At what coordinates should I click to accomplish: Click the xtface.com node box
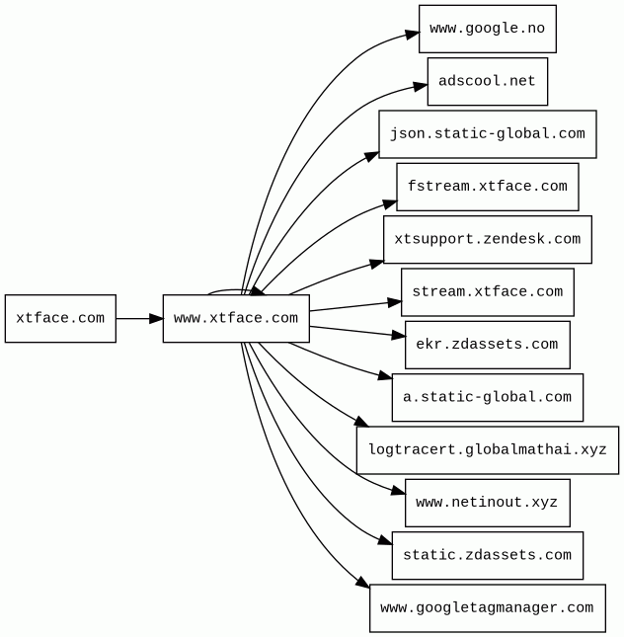click(60, 318)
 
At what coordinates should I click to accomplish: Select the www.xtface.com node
click(236, 318)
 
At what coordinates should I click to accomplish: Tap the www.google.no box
click(488, 29)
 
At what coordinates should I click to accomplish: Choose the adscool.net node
click(488, 81)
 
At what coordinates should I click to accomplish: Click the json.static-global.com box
click(488, 134)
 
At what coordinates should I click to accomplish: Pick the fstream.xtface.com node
click(488, 187)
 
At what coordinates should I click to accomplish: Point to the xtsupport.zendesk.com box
click(488, 239)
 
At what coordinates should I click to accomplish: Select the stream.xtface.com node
click(488, 292)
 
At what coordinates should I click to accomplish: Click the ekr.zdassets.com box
click(488, 345)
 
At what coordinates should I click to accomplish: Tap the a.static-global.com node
click(488, 397)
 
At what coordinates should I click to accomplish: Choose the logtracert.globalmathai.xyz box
click(488, 450)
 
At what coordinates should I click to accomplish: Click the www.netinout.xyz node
click(488, 503)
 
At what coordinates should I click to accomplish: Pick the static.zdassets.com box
click(488, 555)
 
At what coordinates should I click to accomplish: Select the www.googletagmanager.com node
click(488, 608)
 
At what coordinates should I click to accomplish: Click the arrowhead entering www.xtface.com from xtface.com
click(156, 318)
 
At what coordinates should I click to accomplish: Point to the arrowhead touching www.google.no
click(412, 35)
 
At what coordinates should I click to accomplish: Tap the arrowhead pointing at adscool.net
click(421, 87)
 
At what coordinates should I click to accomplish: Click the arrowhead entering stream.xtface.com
click(394, 302)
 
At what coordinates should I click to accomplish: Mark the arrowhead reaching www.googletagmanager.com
click(362, 582)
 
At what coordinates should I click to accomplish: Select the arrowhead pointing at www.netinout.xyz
click(398, 492)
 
